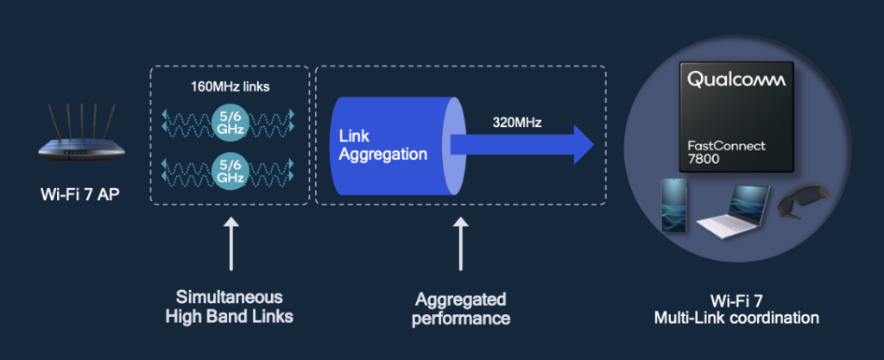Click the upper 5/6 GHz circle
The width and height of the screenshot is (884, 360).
click(229, 122)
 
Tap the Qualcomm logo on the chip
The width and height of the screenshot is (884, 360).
click(736, 80)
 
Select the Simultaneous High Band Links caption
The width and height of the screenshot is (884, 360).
click(229, 307)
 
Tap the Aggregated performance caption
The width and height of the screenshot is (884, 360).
click(462, 308)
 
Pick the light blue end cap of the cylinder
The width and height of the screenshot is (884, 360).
click(451, 146)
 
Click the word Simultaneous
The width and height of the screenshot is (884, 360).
click(229, 298)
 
